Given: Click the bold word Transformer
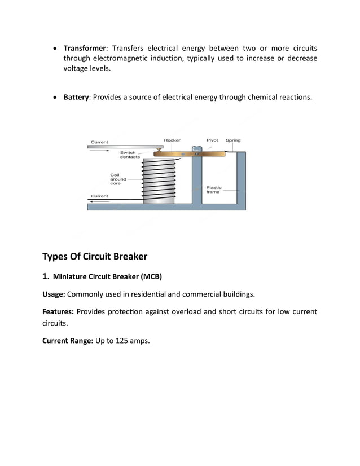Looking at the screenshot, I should (x=85, y=48).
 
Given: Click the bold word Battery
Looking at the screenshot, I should (x=76, y=97).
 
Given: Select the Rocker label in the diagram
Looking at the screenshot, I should (x=172, y=140).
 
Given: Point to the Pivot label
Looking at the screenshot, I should (x=212, y=140).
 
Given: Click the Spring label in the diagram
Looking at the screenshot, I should (x=233, y=140).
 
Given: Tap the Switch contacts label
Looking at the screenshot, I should (x=130, y=155).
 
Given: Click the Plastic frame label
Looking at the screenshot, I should (x=214, y=190).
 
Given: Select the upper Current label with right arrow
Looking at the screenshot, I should (x=100, y=142).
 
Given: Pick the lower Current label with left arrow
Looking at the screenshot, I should (x=100, y=196).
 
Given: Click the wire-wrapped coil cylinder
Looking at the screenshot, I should (x=160, y=181).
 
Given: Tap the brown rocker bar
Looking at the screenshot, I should (x=189, y=153).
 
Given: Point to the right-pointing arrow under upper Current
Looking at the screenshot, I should (x=100, y=151).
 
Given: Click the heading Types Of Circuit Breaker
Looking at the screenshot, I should (x=94, y=257).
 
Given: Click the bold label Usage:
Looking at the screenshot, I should (x=54, y=294).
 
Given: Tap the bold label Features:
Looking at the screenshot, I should (x=58, y=312).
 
